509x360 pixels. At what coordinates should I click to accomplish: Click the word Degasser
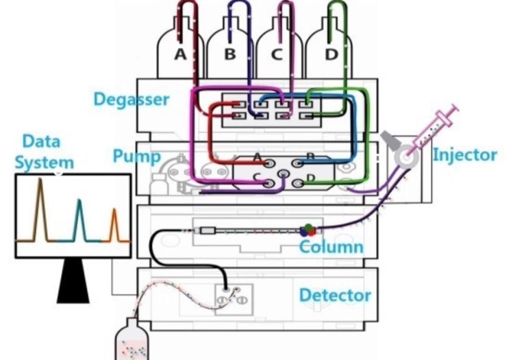[x=131, y=99]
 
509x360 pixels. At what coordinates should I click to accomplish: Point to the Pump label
[x=136, y=156]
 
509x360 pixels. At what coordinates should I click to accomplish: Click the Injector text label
[x=464, y=155]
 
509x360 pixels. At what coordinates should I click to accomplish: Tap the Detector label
[x=335, y=296]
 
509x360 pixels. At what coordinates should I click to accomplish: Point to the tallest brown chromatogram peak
[x=40, y=206]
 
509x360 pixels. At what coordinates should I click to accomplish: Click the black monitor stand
[x=73, y=282]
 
